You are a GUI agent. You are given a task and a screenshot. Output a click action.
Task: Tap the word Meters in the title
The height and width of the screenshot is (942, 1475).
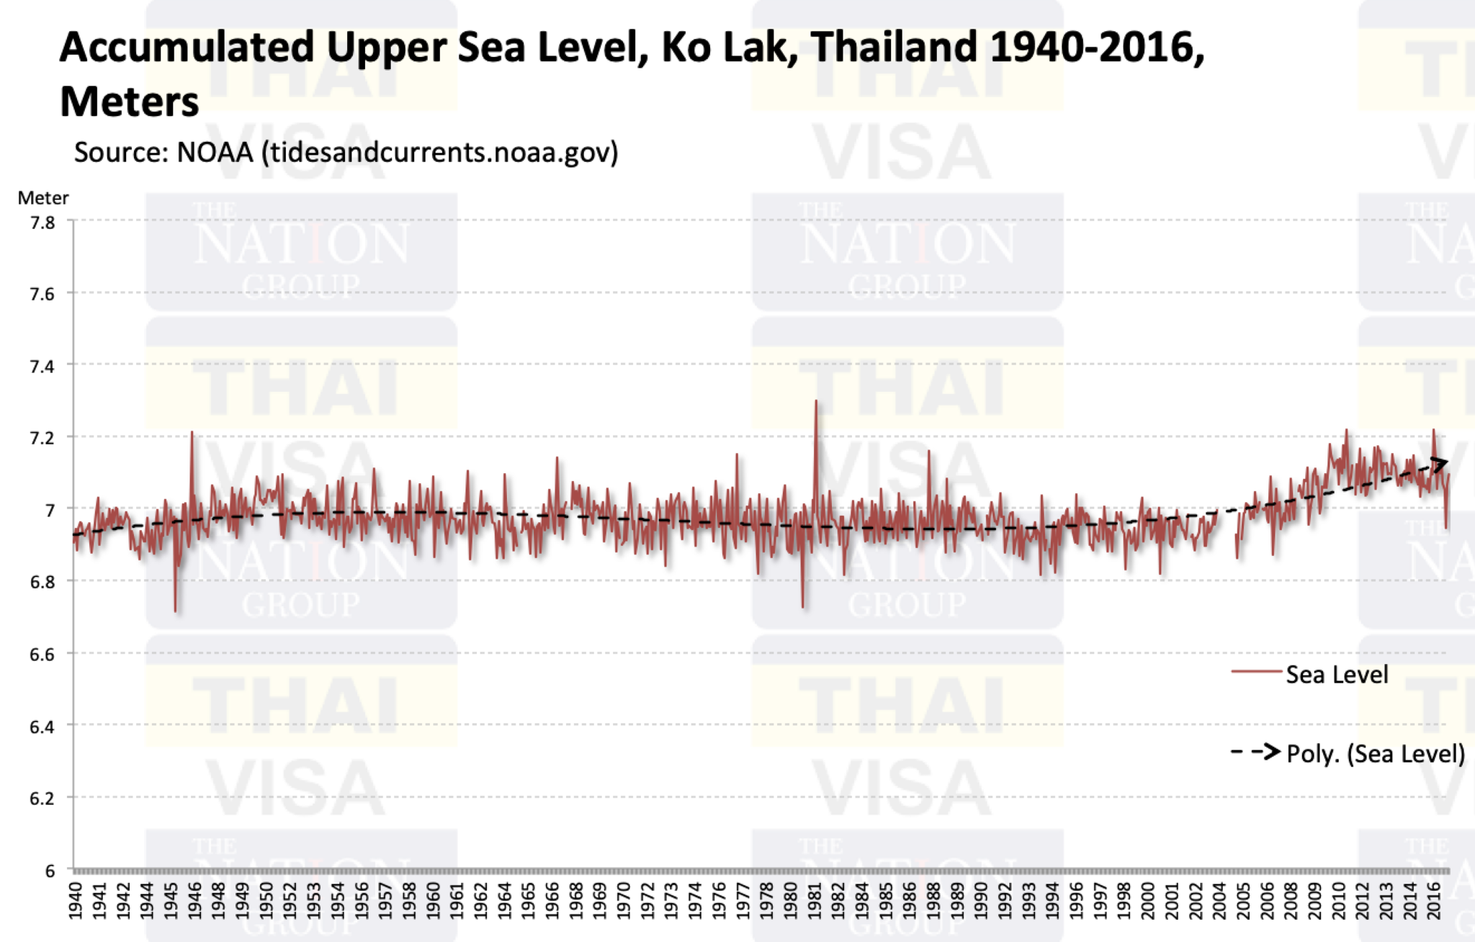[x=130, y=102]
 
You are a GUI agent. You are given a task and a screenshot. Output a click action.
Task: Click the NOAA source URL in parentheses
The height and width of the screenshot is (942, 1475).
[x=439, y=153]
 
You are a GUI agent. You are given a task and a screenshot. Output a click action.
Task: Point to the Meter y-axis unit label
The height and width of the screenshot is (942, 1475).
[x=43, y=198]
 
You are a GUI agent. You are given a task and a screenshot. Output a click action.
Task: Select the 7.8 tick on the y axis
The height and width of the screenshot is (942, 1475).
[x=42, y=223]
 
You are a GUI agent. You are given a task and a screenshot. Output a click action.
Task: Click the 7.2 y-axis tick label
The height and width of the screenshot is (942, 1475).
[x=42, y=438]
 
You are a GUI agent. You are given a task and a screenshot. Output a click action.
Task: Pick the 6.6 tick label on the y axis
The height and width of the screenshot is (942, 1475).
[x=42, y=655]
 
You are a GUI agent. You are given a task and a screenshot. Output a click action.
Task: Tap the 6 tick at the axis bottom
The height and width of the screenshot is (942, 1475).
[x=50, y=871]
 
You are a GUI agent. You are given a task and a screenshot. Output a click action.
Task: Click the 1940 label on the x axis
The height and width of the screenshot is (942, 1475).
[x=76, y=900]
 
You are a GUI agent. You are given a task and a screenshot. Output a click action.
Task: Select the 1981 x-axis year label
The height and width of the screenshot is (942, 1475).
[x=815, y=900]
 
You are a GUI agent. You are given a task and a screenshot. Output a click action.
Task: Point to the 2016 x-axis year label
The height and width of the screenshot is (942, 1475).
[x=1434, y=900]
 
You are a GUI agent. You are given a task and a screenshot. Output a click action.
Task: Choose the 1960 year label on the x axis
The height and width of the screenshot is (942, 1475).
[x=433, y=900]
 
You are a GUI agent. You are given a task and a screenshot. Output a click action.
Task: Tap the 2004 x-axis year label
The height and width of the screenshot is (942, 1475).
[x=1219, y=900]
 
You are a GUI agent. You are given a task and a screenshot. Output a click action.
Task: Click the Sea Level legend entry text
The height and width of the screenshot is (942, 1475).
[x=1337, y=675]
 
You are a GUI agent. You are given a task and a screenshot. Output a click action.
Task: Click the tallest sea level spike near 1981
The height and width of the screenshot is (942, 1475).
[x=815, y=401]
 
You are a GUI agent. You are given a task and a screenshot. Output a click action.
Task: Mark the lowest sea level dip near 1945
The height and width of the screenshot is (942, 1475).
[x=176, y=611]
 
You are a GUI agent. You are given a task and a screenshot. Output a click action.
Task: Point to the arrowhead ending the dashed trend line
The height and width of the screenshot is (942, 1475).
[x=1440, y=465]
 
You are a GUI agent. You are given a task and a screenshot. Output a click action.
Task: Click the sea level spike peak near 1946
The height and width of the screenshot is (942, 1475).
[x=192, y=432]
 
